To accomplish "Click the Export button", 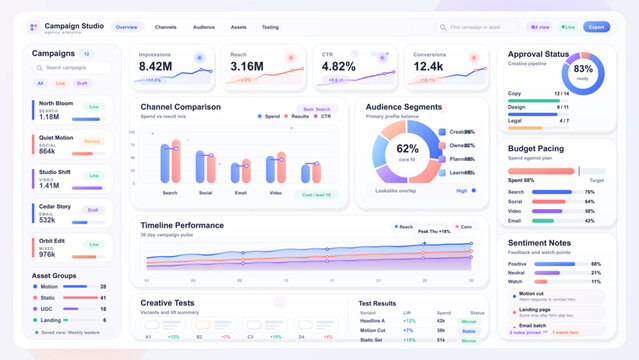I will [x=596, y=27].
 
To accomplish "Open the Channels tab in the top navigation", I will [x=166, y=27].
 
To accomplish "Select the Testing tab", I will [x=270, y=27].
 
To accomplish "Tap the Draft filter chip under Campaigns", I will [x=82, y=83].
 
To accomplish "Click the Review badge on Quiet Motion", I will [x=93, y=141].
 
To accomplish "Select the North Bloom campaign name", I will [x=56, y=103].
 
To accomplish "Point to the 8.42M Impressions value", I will [x=155, y=67].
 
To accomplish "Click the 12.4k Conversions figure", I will [x=428, y=67].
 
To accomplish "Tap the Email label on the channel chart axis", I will [x=240, y=192].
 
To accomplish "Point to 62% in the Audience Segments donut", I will [x=408, y=148].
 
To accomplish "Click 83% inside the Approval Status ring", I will [x=583, y=69].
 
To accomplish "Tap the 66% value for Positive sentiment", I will [x=596, y=264].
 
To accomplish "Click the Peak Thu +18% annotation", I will [x=434, y=231].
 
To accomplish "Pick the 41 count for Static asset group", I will [x=103, y=297].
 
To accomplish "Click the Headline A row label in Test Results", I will [x=373, y=320].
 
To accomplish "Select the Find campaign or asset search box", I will [x=477, y=27].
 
